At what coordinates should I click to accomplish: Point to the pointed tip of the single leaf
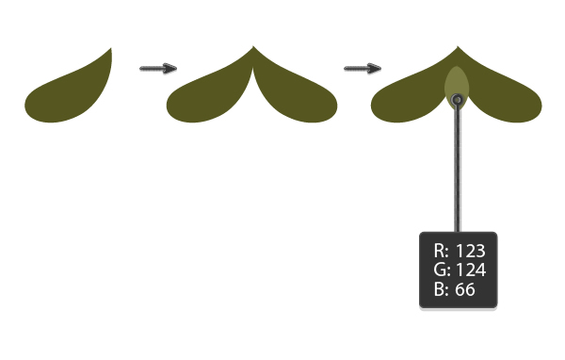point(112,48)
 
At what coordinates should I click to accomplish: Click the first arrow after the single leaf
point(158,68)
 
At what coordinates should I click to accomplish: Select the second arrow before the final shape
point(363,68)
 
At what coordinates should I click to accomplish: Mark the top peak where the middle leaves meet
point(252,47)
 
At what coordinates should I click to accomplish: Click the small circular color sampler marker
point(458,99)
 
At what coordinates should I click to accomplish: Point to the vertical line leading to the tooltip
point(458,170)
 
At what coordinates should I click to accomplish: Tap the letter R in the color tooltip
point(440,251)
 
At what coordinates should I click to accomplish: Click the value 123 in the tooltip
point(470,251)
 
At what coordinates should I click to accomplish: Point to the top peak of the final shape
point(458,47)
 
